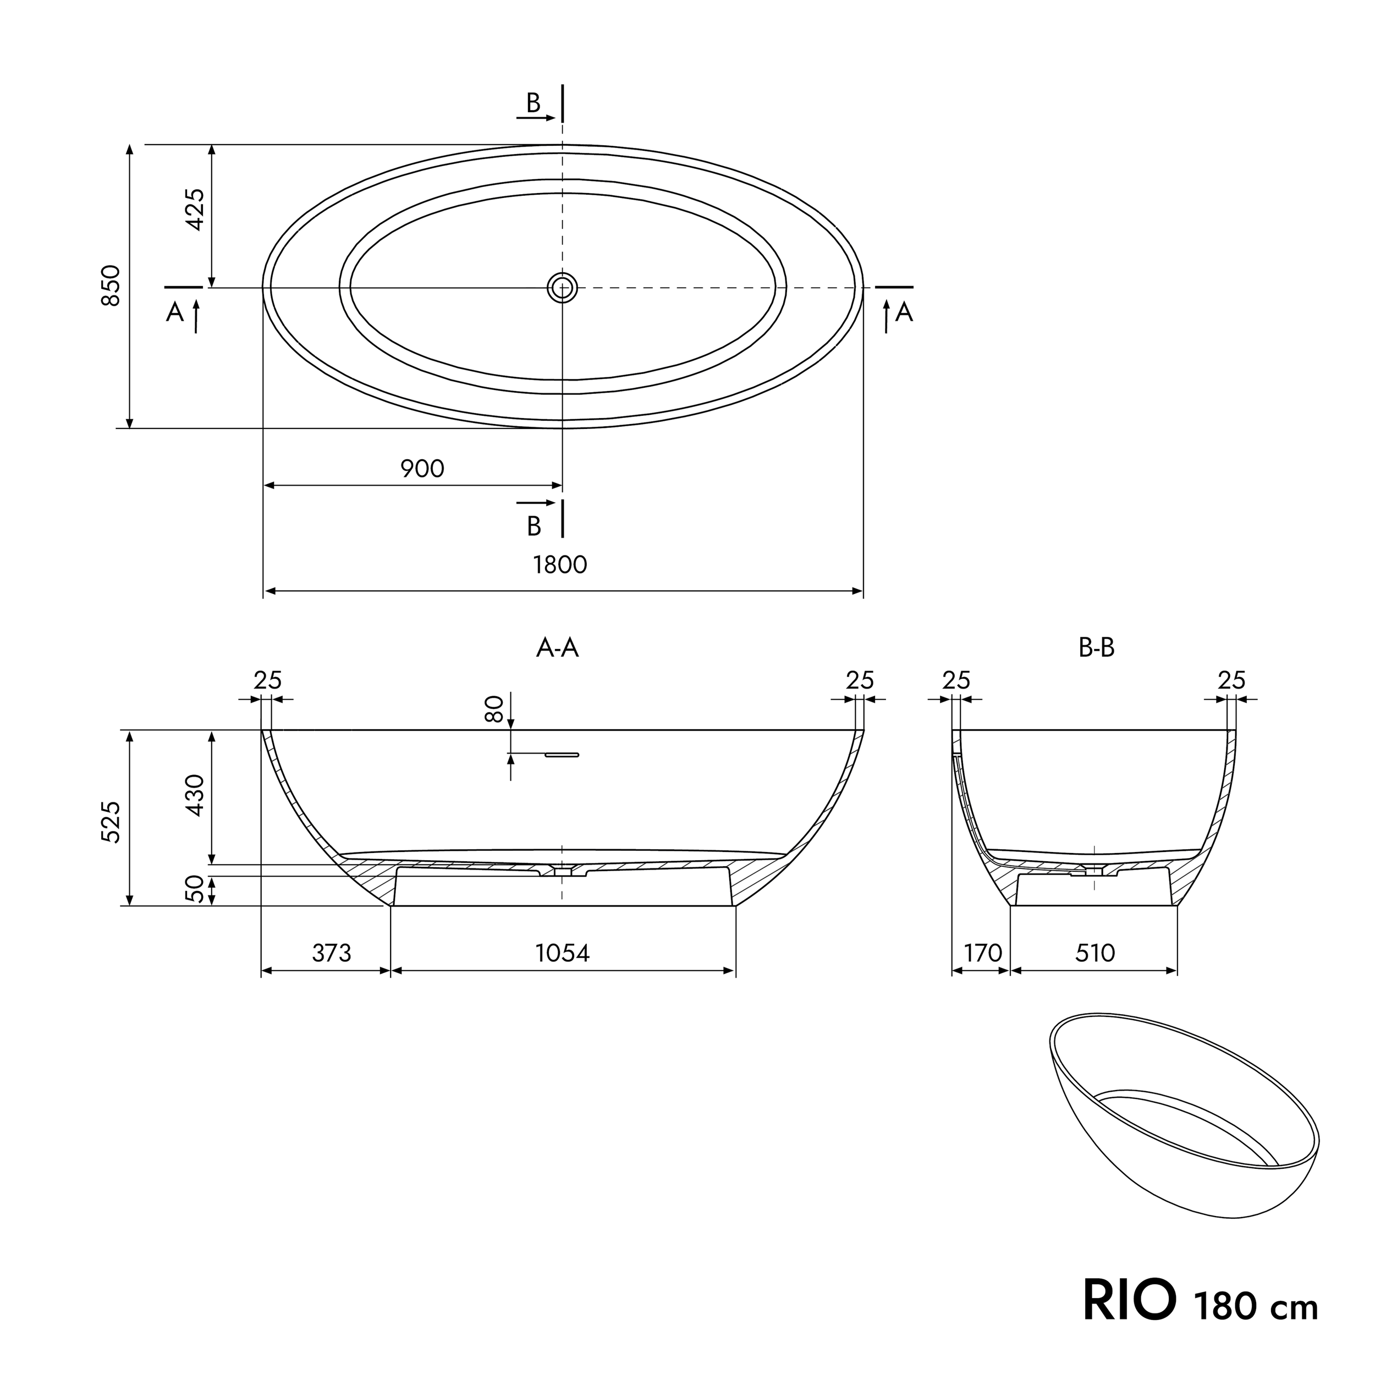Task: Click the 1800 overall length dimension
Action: tap(559, 564)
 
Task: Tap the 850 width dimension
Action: tap(111, 285)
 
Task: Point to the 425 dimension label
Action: tap(194, 209)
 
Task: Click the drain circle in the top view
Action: tap(562, 288)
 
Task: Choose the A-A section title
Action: tap(557, 648)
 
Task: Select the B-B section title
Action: tap(1096, 648)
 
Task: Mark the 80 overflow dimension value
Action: tap(494, 709)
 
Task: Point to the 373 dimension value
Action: tap(331, 953)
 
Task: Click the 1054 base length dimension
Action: tap(562, 953)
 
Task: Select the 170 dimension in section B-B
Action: tap(983, 953)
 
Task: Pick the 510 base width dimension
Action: tap(1094, 953)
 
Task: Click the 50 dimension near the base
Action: tap(194, 889)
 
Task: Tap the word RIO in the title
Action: tap(1130, 1301)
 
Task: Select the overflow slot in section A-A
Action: tap(562, 755)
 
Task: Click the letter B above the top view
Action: tap(533, 104)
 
